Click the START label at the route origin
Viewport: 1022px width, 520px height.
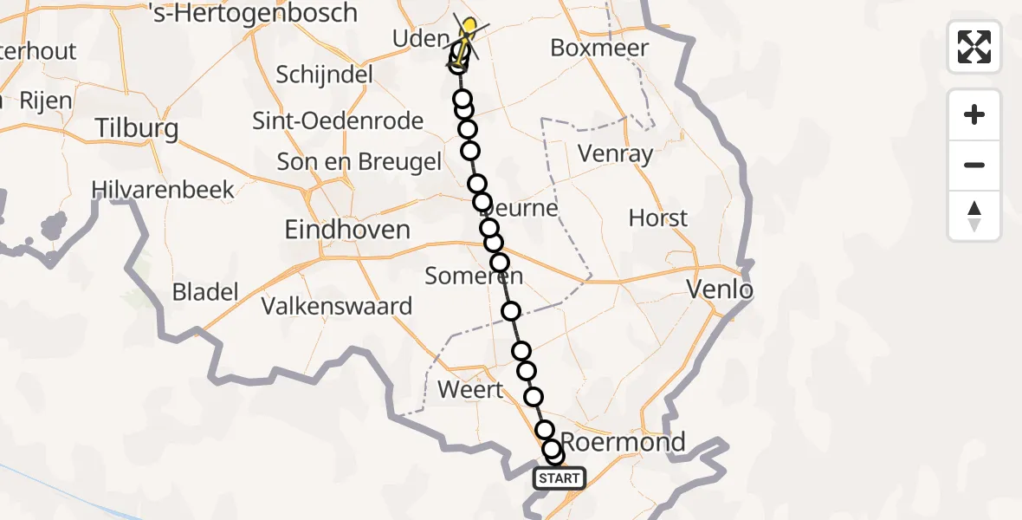coord(560,478)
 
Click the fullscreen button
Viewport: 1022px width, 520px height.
coord(974,47)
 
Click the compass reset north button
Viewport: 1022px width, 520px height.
coord(974,216)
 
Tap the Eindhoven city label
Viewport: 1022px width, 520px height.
coord(347,230)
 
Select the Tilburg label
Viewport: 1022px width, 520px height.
coord(137,129)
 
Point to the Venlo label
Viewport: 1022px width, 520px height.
coord(719,289)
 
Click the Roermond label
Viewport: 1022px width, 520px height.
coord(624,441)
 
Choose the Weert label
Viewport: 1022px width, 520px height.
coord(470,389)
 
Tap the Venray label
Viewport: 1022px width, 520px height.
coord(616,154)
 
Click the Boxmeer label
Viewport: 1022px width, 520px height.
coord(599,48)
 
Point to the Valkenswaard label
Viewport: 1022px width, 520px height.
coord(337,306)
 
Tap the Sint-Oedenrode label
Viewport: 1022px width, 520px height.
coord(338,120)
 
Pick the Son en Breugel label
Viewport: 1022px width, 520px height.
coord(359,161)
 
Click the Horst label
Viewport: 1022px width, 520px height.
coord(658,218)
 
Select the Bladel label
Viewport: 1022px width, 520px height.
coord(205,292)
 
